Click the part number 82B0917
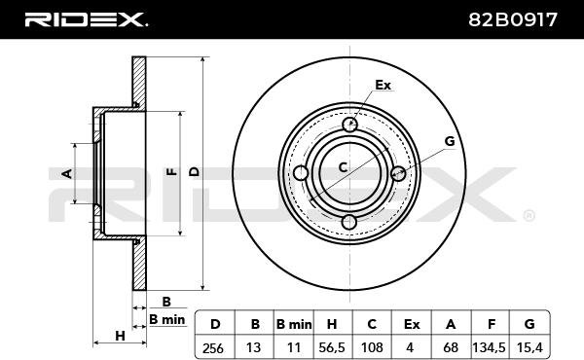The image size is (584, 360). [513, 19]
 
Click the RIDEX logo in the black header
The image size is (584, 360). [87, 19]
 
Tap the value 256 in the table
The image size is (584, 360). [213, 348]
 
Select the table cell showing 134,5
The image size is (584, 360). [489, 347]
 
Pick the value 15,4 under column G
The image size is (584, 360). [529, 347]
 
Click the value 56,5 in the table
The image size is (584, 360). [332, 347]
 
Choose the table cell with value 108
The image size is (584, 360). [372, 347]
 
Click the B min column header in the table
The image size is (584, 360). [294, 325]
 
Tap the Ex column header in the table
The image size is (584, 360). [412, 325]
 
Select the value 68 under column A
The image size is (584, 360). [451, 347]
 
